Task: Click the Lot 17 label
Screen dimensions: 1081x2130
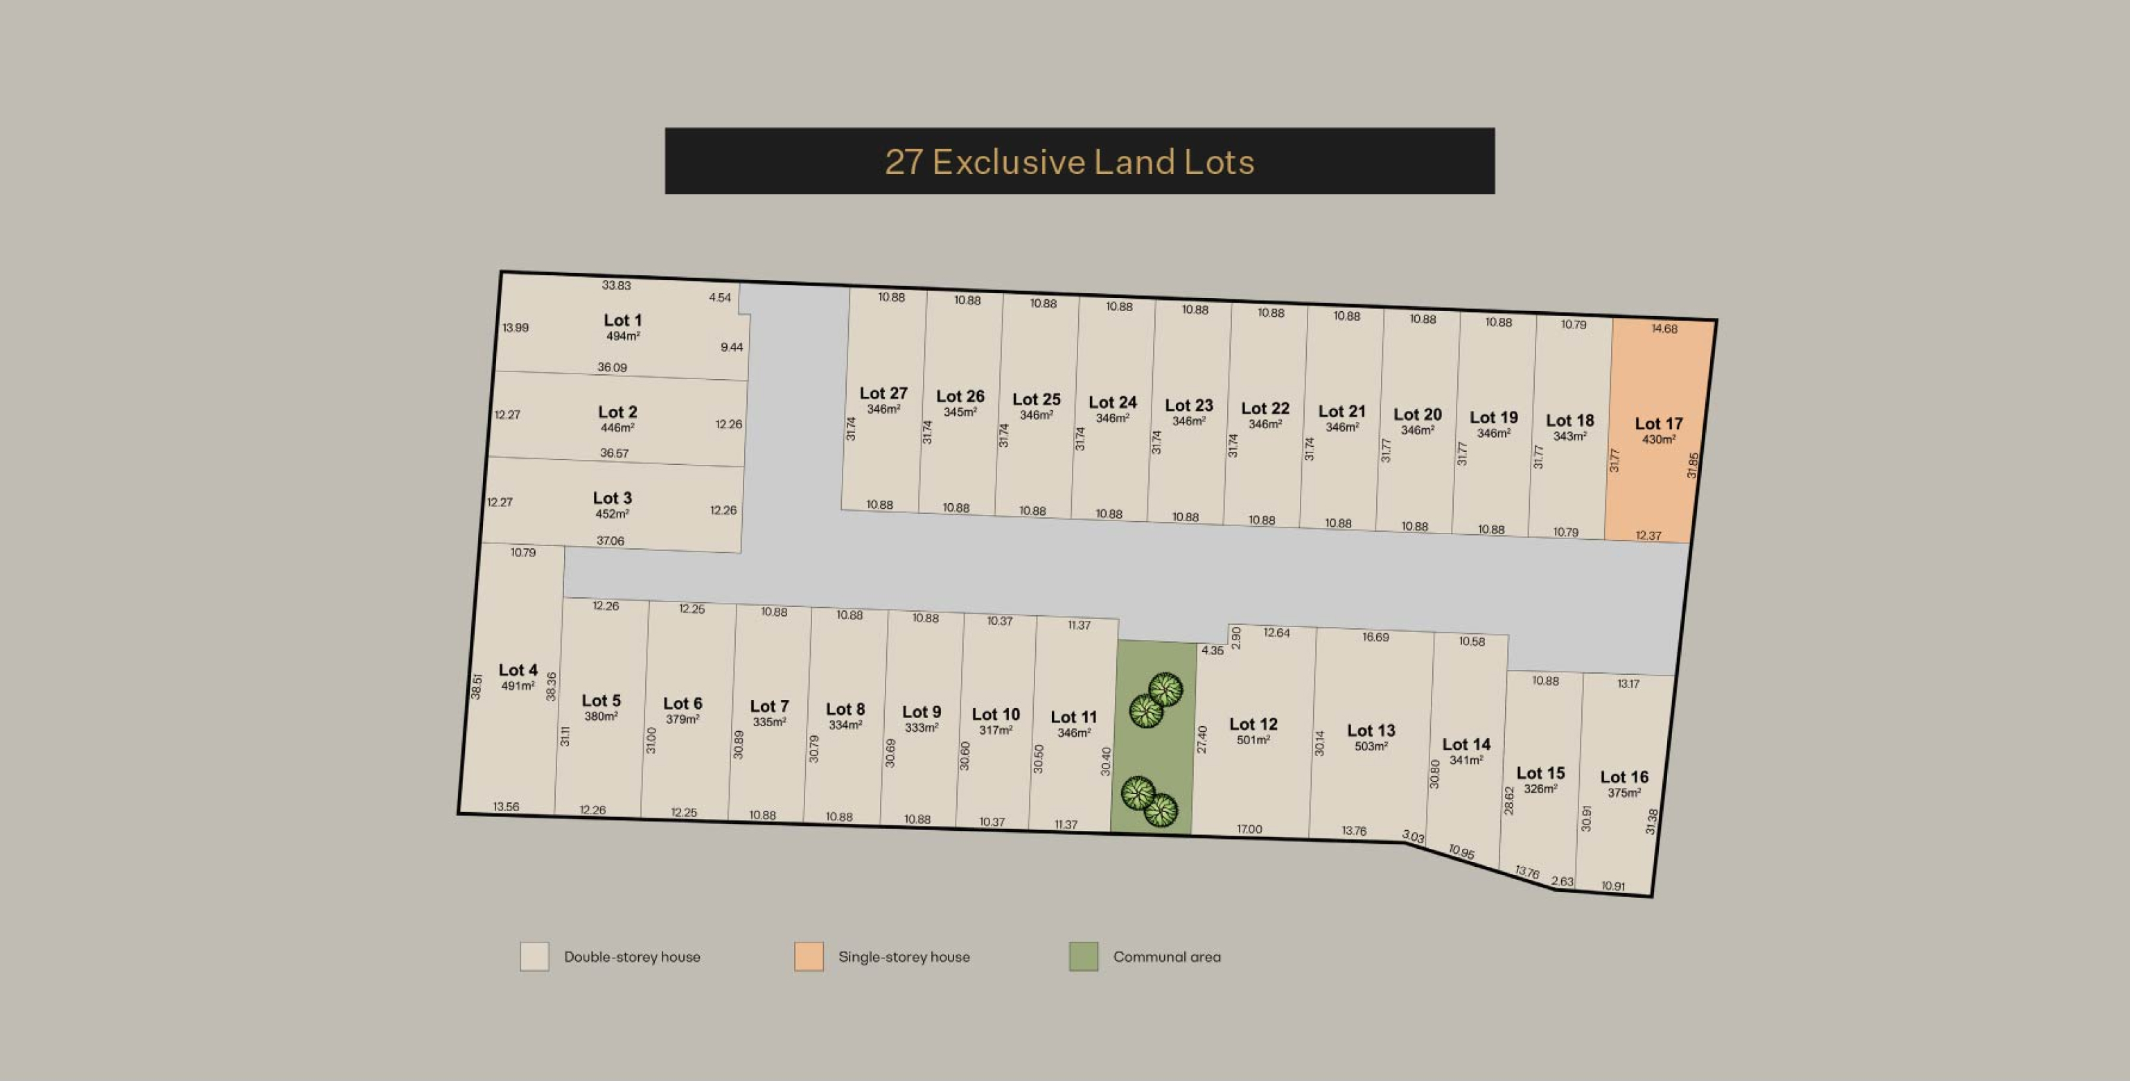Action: tap(1658, 423)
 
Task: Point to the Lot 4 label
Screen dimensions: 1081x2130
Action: tap(518, 670)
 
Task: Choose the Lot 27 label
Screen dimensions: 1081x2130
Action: tap(883, 394)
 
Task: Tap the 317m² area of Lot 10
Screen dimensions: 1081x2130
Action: tap(996, 730)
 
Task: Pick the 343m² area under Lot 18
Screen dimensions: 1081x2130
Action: tap(1569, 436)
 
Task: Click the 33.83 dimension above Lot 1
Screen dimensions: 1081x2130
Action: tap(616, 285)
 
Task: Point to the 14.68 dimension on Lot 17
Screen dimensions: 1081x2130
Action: tap(1664, 329)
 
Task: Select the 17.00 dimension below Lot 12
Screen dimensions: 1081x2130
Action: tap(1249, 829)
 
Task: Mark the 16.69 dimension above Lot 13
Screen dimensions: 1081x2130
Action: tap(1376, 637)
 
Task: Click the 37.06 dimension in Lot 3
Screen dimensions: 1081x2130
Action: tap(610, 541)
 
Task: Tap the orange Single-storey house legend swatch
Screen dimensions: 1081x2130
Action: tap(809, 957)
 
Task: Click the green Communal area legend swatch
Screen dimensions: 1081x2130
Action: tap(1083, 957)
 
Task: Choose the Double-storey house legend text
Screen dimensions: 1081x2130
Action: tap(632, 957)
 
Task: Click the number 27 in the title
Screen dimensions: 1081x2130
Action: tap(903, 162)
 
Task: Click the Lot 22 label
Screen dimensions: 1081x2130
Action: tap(1265, 409)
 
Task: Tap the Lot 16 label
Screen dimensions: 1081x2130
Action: tap(1624, 777)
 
